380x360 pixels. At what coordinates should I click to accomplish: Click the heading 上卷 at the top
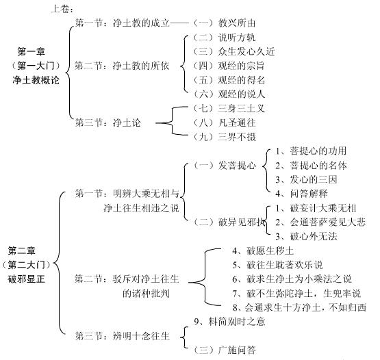click(62, 9)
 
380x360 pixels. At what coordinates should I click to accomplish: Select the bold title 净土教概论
click(36, 80)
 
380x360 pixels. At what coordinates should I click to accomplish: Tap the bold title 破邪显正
click(27, 279)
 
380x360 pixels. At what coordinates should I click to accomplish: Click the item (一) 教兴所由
click(224, 23)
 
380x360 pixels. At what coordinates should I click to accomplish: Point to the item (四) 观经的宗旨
click(229, 66)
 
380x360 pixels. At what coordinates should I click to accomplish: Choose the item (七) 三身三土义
click(229, 108)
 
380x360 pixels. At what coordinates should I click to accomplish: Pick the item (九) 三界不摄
click(224, 137)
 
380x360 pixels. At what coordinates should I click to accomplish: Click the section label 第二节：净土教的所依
click(122, 66)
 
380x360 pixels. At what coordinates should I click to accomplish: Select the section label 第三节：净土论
click(108, 123)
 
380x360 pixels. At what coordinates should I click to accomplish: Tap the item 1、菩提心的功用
click(311, 151)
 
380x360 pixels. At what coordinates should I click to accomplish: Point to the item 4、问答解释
click(301, 194)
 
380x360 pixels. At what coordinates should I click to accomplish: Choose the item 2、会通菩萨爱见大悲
click(320, 222)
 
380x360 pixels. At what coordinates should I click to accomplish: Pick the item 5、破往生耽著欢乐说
click(277, 265)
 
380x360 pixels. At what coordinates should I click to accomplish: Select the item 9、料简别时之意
click(230, 322)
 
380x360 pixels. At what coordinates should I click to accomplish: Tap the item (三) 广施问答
click(224, 350)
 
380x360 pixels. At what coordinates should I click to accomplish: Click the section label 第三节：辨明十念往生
click(122, 336)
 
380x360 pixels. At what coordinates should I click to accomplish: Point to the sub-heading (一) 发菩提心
click(224, 165)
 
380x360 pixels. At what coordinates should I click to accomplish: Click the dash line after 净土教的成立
click(179, 23)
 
